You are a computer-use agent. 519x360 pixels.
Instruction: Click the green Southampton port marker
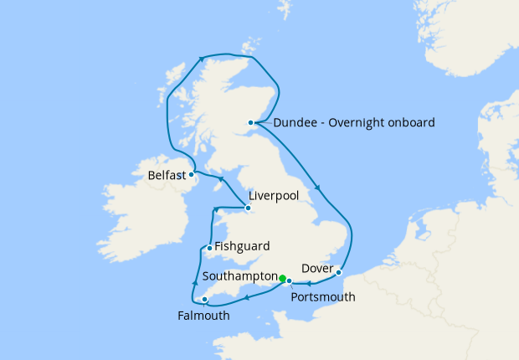coord(283,279)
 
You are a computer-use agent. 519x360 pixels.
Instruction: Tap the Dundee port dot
coord(251,123)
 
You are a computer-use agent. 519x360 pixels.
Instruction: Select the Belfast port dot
coord(192,175)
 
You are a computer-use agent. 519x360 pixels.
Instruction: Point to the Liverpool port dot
coord(247,207)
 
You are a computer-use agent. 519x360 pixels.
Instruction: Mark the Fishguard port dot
coord(208,248)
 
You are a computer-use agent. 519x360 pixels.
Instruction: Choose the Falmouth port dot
coord(205,299)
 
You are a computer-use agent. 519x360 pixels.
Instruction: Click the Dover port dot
coord(338,272)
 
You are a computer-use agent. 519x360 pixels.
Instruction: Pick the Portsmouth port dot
coord(290,281)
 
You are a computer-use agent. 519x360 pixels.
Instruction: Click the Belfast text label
coord(166,176)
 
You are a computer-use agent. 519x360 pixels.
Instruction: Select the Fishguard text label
coord(242,247)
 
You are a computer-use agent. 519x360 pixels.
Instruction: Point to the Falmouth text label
coord(203,316)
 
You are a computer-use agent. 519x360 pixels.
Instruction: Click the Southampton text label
coord(239,275)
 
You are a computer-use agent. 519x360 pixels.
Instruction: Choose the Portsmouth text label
coord(322,297)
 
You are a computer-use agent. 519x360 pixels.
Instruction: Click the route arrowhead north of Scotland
coord(202,59)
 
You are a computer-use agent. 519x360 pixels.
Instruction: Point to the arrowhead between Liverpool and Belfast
coord(220,179)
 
